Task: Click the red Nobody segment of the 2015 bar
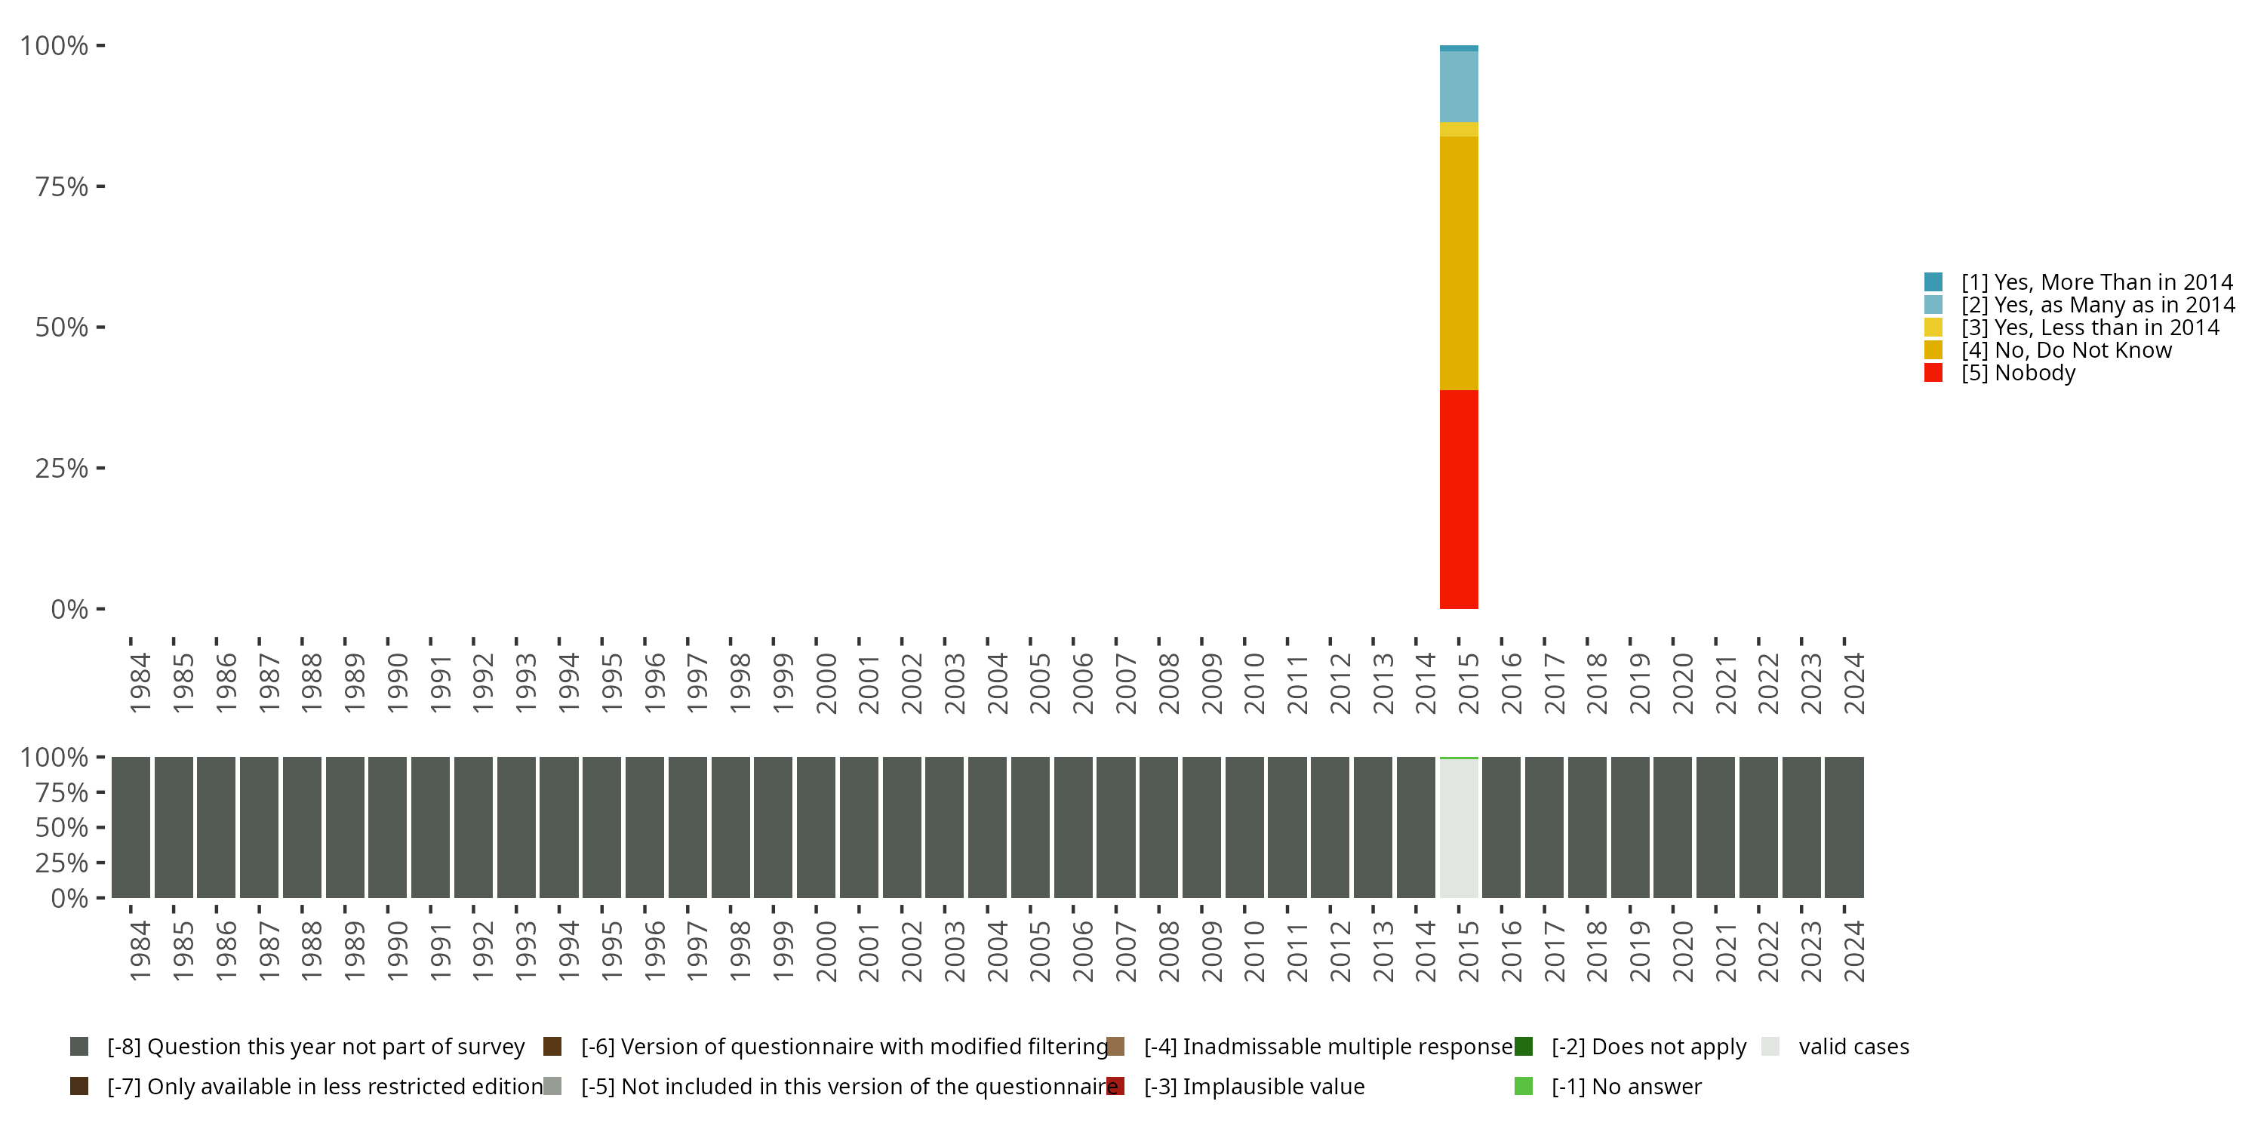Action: click(x=1458, y=498)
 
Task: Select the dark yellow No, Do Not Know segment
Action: click(x=1458, y=263)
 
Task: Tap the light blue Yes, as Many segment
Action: click(x=1458, y=86)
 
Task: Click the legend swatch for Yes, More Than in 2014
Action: click(x=1933, y=282)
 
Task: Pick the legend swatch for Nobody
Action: click(x=1933, y=373)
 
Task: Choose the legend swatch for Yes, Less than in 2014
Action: click(x=1933, y=327)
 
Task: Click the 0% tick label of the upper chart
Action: click(x=69, y=609)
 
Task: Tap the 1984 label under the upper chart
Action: click(x=140, y=683)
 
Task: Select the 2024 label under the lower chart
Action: click(x=1853, y=951)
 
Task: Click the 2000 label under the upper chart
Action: click(x=826, y=683)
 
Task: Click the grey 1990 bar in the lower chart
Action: click(x=388, y=827)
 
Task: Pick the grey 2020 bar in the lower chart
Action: click(x=1672, y=827)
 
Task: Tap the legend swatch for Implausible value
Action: click(x=1116, y=1086)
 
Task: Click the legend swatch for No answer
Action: click(x=1523, y=1086)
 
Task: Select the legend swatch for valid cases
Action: click(x=1770, y=1047)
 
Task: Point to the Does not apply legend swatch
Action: click(x=1523, y=1047)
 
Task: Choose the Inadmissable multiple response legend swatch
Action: click(x=1116, y=1047)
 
